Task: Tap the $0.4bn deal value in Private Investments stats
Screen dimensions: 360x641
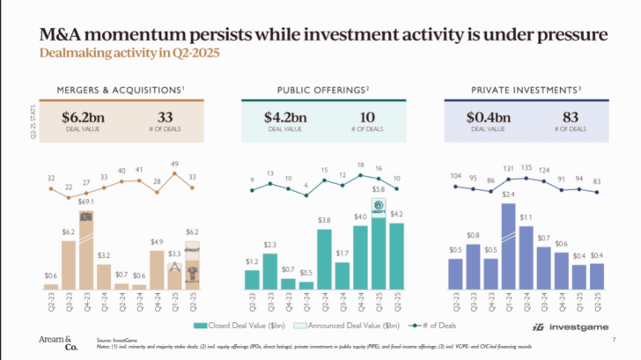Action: coord(489,116)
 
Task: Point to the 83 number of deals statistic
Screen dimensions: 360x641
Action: coord(569,116)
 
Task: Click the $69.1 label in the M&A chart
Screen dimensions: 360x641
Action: coord(87,202)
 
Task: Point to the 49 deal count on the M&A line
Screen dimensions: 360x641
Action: coord(175,164)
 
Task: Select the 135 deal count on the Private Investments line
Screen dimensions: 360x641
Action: coord(527,166)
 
